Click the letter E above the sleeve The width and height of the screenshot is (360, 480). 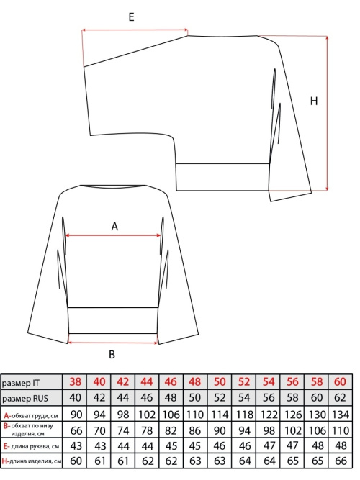tap(132, 17)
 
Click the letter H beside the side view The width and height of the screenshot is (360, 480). tap(314, 101)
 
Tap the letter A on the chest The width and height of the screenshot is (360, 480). tap(114, 227)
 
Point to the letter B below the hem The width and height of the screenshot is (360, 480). tap(112, 355)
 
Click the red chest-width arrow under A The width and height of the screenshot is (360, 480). tap(113, 235)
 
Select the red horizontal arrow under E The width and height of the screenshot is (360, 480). tap(135, 30)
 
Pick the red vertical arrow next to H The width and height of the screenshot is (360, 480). tap(327, 113)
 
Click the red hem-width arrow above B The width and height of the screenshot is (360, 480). tap(112, 343)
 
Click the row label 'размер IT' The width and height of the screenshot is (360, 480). tap(21, 383)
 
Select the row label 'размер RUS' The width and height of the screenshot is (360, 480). tap(25, 399)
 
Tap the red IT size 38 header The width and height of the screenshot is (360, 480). tap(76, 381)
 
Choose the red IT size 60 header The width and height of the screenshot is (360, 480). tap(341, 381)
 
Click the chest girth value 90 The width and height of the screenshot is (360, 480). tap(76, 415)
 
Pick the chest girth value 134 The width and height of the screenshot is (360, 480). tap(341, 415)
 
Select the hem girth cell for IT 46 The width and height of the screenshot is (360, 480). tap(171, 430)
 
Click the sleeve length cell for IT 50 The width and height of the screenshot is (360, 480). tap(220, 445)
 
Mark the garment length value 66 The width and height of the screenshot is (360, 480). tap(341, 461)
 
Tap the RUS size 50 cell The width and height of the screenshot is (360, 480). tap(195, 398)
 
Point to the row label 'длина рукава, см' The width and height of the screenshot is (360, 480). tap(35, 447)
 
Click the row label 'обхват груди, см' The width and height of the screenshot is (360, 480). tap(35, 416)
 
